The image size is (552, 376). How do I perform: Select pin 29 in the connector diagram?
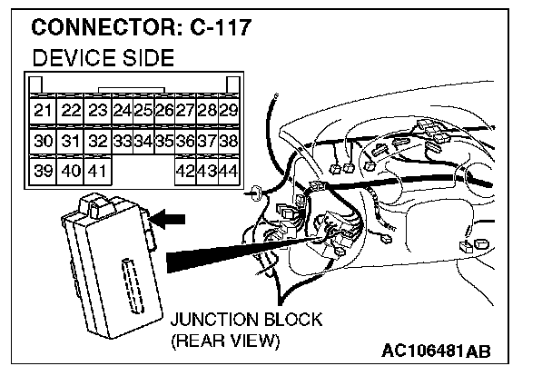[x=230, y=111]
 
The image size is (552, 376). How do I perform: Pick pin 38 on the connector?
[x=230, y=141]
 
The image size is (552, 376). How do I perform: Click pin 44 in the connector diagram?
[x=230, y=171]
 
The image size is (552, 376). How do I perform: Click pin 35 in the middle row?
[x=164, y=141]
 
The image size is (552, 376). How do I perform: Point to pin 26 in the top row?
[x=164, y=111]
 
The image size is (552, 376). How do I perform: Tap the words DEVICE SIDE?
[x=103, y=60]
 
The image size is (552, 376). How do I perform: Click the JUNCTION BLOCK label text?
[x=247, y=320]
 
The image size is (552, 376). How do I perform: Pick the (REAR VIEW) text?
[x=227, y=341]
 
